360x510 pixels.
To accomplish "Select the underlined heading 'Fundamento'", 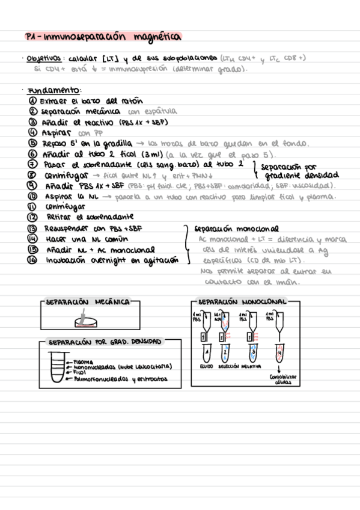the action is [46, 90].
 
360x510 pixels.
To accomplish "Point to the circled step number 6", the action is [32, 153].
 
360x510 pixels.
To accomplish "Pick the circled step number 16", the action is [33, 260].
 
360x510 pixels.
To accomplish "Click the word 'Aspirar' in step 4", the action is [56, 132].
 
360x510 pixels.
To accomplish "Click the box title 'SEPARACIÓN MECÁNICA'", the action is [88, 302].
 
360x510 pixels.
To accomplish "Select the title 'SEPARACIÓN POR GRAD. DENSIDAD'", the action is [104, 342].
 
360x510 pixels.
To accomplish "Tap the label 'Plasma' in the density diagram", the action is [81, 360].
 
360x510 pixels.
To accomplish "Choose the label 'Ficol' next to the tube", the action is [79, 373].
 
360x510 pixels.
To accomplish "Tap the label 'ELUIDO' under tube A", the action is [206, 366].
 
